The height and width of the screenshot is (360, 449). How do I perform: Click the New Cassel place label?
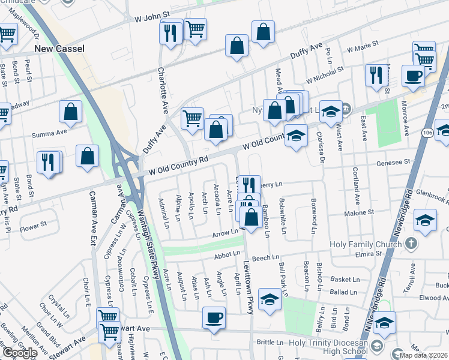pos(59,48)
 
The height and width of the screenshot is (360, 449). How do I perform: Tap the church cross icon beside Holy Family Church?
pos(411,244)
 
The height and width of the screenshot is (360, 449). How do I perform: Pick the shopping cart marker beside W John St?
pos(194,28)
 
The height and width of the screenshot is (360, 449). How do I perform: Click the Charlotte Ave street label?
pos(162,90)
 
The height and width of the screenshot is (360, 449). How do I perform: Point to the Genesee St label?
pos(393,162)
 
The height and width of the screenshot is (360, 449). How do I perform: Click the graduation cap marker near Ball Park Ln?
pos(270,299)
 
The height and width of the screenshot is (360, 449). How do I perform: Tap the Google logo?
pos(19,352)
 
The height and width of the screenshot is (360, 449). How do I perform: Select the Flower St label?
pos(33,226)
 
